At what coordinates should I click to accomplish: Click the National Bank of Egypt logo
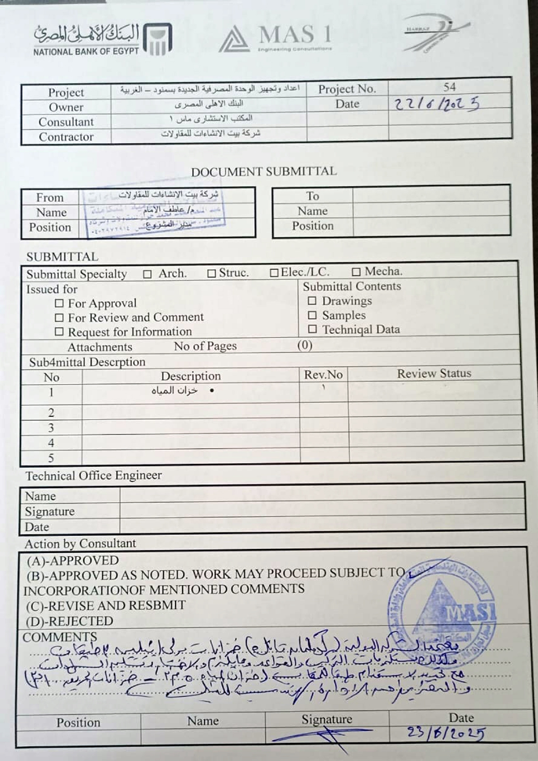coord(103,39)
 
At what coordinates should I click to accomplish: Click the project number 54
coord(449,87)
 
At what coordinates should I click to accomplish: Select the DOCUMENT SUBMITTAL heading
coord(264,172)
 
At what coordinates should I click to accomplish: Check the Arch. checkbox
coord(147,274)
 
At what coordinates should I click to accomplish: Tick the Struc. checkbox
coord(212,274)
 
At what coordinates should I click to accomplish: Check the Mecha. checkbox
coord(356,272)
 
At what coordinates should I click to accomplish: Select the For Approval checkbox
coord(59,304)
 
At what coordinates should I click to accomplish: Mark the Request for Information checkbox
coord(59,332)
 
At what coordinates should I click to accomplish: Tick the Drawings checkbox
coord(312,301)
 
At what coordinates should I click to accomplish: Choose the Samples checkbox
coord(312,315)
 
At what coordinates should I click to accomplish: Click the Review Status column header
coord(434,373)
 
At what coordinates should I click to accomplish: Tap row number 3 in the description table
coord(51,428)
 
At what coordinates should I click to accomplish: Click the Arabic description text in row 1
coord(175,391)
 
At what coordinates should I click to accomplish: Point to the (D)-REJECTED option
coord(70,621)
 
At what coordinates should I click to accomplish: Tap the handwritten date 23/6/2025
coord(445,733)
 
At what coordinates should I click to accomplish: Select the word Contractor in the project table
coord(66,137)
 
